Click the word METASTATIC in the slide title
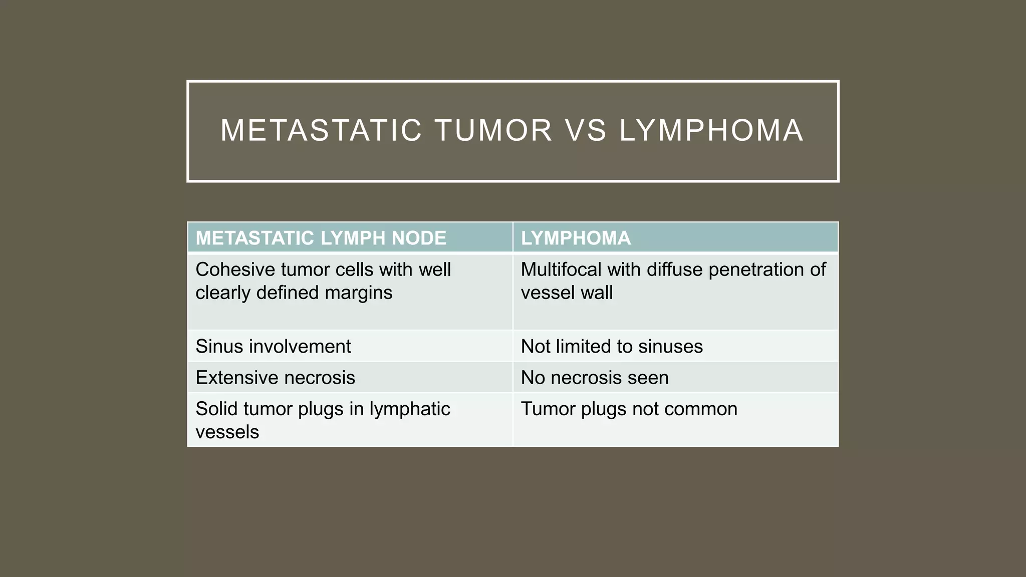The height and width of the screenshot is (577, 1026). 321,130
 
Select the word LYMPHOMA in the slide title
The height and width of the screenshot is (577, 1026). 711,130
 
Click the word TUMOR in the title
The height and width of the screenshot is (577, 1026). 493,130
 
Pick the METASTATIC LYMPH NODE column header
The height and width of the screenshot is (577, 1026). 321,238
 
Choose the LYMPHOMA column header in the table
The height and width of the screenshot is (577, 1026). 576,238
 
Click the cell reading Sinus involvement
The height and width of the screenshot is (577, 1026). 273,347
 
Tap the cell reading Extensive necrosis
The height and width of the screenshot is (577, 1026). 275,378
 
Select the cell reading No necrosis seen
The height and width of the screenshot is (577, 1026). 595,378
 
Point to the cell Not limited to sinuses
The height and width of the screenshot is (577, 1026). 612,347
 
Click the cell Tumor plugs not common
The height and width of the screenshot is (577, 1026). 629,409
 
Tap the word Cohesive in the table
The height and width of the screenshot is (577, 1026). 235,269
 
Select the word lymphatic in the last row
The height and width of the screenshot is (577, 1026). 410,409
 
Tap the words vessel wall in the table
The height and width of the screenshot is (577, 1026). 567,293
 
